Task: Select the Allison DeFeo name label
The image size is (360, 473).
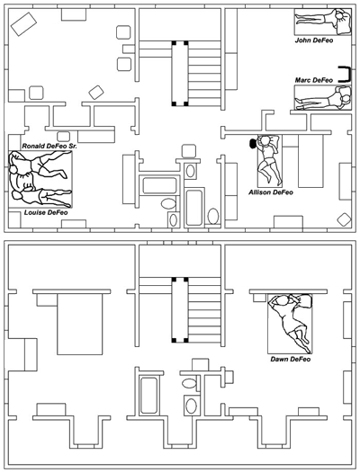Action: [271, 192]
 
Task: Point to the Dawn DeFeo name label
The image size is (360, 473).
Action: [290, 360]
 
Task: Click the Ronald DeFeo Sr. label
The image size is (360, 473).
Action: [49, 145]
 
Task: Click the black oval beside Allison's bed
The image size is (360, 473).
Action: [252, 142]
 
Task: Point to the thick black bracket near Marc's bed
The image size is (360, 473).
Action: [345, 73]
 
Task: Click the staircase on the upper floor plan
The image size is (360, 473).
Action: [180, 72]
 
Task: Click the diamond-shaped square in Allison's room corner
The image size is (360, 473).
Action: [343, 219]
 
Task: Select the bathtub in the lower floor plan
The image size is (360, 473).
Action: [149, 396]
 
